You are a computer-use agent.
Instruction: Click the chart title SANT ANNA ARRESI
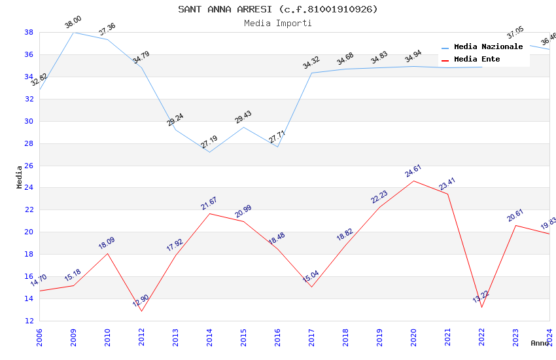[278, 9]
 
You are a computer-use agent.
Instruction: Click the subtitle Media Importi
[278, 23]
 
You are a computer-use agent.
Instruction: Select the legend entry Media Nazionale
[488, 47]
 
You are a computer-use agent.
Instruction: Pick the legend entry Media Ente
[477, 60]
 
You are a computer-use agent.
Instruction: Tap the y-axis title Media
[20, 177]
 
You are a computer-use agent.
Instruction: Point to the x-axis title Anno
[540, 343]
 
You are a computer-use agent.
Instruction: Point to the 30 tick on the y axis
[29, 121]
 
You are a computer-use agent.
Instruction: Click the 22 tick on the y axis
[29, 210]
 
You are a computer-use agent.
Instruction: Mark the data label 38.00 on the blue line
[73, 24]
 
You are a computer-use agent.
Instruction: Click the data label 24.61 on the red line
[413, 172]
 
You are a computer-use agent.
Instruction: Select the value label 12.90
[141, 300]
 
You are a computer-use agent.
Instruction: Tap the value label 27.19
[209, 142]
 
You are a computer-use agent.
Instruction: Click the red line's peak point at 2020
[413, 181]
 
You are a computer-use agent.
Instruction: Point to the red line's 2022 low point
[481, 307]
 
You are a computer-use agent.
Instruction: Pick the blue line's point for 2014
[209, 153]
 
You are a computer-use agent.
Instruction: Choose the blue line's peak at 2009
[73, 32]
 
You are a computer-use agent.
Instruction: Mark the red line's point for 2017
[311, 287]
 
